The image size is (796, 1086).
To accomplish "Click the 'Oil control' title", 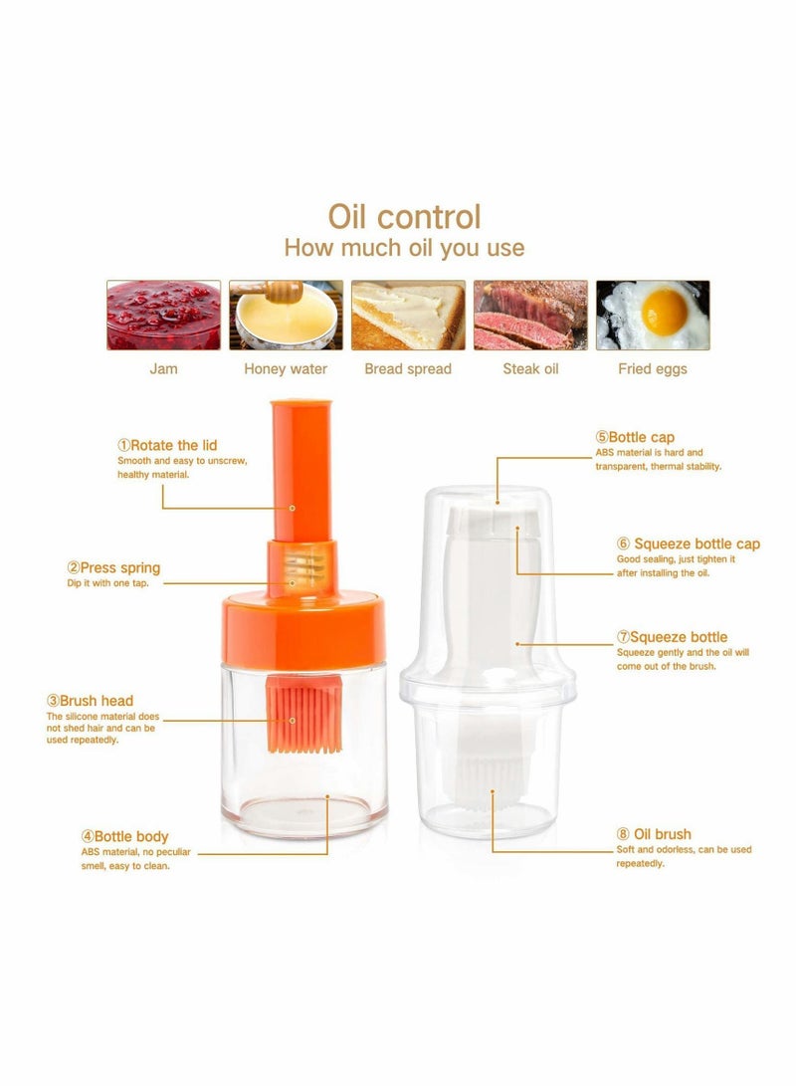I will click(x=404, y=216).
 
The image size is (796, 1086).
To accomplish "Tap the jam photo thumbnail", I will click(x=163, y=315).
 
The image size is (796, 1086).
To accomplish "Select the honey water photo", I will click(x=286, y=315).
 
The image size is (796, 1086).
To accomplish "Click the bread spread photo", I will click(x=408, y=315).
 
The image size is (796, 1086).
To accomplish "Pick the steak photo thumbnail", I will click(x=530, y=315).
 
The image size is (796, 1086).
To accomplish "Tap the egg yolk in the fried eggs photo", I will click(x=664, y=311).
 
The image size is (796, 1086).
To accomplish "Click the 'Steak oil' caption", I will click(x=530, y=369).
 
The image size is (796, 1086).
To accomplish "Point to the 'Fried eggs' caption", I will click(x=653, y=369).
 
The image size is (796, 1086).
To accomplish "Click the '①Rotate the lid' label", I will click(x=167, y=445).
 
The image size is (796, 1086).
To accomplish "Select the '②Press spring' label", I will click(x=113, y=567).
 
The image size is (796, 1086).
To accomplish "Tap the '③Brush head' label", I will click(x=90, y=701).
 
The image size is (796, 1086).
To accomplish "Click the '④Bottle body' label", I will click(x=124, y=836).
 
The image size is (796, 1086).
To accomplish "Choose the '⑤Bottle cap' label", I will click(x=635, y=437).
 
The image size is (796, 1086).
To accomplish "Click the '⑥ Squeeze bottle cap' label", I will click(x=688, y=543).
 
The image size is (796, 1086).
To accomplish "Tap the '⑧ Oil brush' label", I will click(x=653, y=834).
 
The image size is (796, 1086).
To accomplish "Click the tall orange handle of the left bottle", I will click(x=299, y=468).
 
